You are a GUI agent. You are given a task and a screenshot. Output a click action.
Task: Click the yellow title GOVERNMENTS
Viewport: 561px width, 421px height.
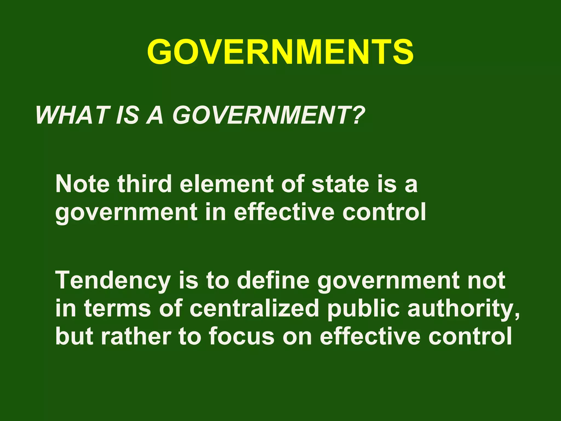(x=280, y=52)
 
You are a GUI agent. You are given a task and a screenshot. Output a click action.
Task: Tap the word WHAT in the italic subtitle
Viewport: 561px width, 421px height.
(x=71, y=115)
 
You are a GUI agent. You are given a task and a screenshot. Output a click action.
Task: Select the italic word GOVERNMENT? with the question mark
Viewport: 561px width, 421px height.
(x=268, y=115)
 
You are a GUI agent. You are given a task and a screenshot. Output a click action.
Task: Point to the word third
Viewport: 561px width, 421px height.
(x=145, y=184)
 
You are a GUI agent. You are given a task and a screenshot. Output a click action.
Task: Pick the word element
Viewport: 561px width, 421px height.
(x=226, y=184)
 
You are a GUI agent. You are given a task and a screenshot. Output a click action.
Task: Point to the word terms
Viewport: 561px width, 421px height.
(x=118, y=309)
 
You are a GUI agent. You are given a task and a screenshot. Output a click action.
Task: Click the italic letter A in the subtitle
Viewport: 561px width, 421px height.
(x=155, y=115)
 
